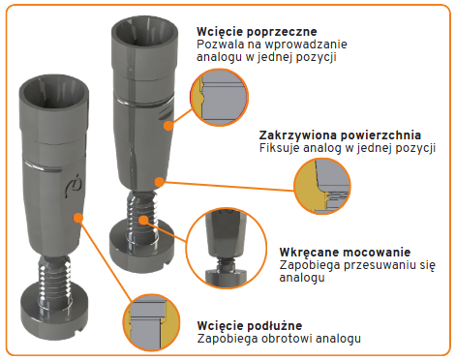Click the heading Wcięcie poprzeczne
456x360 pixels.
pos(257,32)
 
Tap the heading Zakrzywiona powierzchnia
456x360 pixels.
pos(340,135)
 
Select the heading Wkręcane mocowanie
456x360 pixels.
pos(345,252)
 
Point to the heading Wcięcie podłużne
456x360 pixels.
pos(250,326)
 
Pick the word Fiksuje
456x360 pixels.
pos(279,148)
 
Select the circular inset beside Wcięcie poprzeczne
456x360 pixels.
pos(220,97)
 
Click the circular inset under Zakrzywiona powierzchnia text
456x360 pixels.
pos(322,187)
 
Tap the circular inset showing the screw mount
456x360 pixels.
pos(227,248)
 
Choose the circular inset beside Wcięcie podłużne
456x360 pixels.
pos(152,322)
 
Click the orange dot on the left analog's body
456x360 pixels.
pos(78,218)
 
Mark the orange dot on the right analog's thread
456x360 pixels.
pos(143,221)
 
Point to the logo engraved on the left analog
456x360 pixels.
pos(73,186)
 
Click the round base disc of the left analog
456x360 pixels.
pos(54,312)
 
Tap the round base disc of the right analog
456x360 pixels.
pos(141,246)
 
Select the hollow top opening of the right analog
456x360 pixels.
pos(144,32)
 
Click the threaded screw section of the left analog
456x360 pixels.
pos(54,280)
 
